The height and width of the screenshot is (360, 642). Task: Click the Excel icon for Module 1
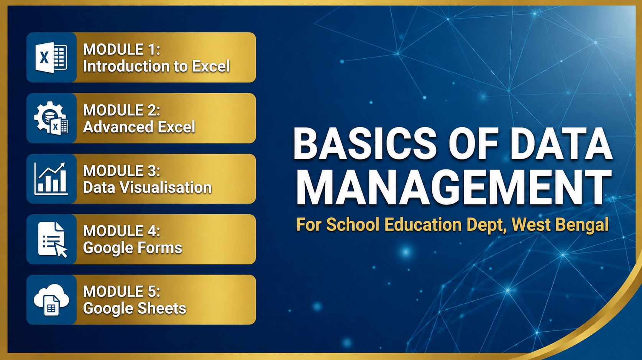point(51,58)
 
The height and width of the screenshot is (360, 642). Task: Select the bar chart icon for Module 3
point(51,179)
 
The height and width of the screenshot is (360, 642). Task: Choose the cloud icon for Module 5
point(51,300)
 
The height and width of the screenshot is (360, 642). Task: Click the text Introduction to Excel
point(156,66)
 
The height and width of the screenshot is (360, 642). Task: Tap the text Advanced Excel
point(139,127)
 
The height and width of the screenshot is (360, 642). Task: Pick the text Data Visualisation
point(147,187)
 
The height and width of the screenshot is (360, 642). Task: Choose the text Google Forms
point(132,248)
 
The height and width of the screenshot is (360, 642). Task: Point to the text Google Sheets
point(135,308)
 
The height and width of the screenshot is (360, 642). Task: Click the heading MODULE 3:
point(122,171)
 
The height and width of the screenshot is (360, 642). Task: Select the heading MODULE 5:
point(122,291)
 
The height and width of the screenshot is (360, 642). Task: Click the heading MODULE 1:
point(122,49)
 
